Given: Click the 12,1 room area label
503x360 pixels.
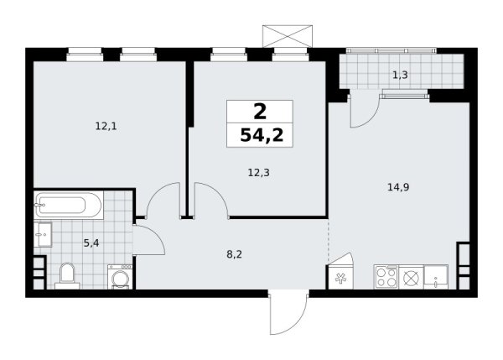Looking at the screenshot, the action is tap(106, 126).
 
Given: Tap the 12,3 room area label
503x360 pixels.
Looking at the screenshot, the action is tap(258, 173).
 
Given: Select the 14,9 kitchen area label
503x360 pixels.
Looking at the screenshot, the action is tap(398, 187).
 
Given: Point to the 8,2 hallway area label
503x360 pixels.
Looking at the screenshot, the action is tap(234, 254).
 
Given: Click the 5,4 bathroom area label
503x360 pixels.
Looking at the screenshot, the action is tap(91, 243).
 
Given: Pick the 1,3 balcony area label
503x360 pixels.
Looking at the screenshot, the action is tap(401, 75).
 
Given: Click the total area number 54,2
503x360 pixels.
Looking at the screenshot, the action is tap(262, 135).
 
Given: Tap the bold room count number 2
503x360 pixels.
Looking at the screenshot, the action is tap(260, 112).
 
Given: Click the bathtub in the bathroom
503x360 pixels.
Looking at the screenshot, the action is tap(69, 206).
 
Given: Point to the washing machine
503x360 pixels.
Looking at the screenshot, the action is tap(120, 277).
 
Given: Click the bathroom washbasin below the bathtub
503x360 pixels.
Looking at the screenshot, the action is tap(43, 234).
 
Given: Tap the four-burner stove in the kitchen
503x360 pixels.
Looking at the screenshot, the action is tap(386, 277).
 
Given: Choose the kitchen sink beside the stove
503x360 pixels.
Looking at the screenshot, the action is tap(436, 277).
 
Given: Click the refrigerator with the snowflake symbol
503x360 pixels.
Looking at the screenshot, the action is tap(340, 277).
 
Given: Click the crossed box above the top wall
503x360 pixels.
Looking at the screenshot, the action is tap(288, 36).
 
